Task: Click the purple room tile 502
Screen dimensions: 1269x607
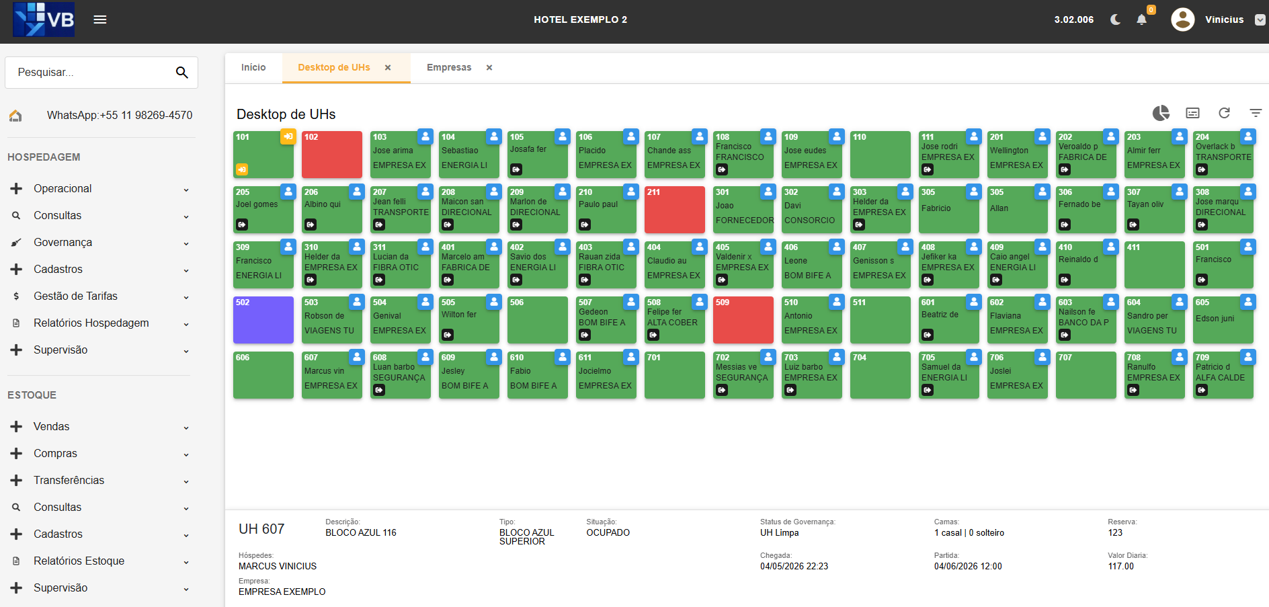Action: [x=263, y=320]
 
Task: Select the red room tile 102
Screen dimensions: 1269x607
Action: [x=332, y=155]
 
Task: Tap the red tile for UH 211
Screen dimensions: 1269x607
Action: [x=675, y=210]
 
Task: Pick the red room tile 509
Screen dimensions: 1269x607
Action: [x=743, y=320]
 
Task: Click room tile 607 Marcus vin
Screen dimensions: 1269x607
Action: [x=332, y=375]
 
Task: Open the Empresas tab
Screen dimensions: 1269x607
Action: [x=449, y=67]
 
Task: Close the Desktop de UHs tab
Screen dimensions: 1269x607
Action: [x=388, y=67]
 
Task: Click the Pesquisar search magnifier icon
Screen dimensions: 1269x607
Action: [x=181, y=73]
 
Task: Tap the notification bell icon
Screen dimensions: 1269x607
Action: [x=1141, y=19]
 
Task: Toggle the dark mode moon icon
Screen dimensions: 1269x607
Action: [x=1116, y=19]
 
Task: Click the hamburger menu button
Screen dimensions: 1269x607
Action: [x=100, y=19]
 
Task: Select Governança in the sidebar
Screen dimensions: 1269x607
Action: [x=63, y=242]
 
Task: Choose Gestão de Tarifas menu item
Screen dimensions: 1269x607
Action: [x=75, y=296]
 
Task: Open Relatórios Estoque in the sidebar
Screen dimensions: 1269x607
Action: [x=79, y=561]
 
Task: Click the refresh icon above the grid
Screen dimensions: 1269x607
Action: [x=1224, y=113]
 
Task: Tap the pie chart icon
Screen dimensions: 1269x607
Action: [x=1161, y=113]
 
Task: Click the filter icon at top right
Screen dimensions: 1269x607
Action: [x=1256, y=113]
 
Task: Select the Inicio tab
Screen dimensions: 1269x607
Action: [x=253, y=67]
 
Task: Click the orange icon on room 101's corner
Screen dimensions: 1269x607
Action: [x=288, y=136]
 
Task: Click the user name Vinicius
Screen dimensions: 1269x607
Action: [x=1224, y=19]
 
